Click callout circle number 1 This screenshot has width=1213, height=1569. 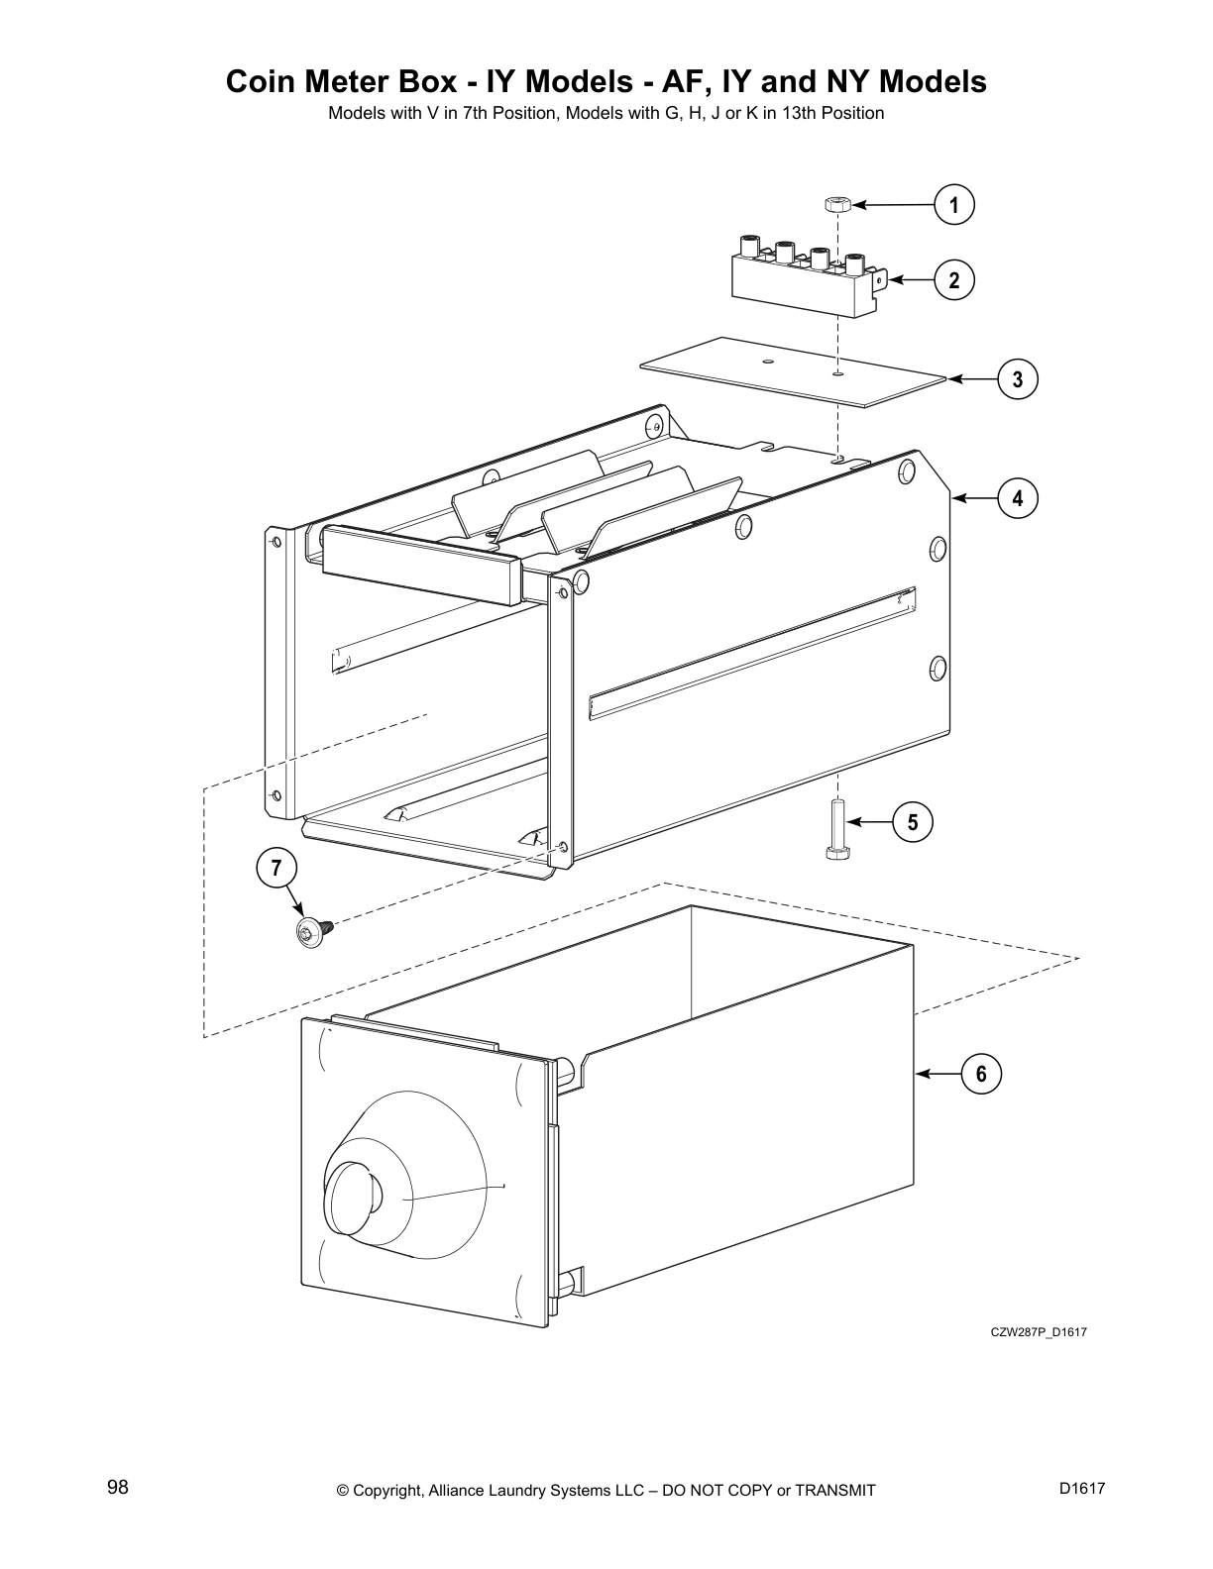953,206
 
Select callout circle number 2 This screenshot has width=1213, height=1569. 953,280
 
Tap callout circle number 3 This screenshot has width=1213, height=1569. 1017,379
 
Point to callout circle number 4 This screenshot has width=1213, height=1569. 1017,498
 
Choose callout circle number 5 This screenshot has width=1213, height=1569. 912,822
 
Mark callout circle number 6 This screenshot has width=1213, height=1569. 981,1074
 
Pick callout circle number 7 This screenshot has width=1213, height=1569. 276,869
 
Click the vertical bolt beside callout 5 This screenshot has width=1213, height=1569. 838,830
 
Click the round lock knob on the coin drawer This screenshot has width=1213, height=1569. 354,1199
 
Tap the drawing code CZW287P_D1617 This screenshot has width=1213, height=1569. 1038,1332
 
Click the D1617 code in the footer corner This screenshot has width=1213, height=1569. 1081,1489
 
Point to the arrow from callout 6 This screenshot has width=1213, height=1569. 937,1074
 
